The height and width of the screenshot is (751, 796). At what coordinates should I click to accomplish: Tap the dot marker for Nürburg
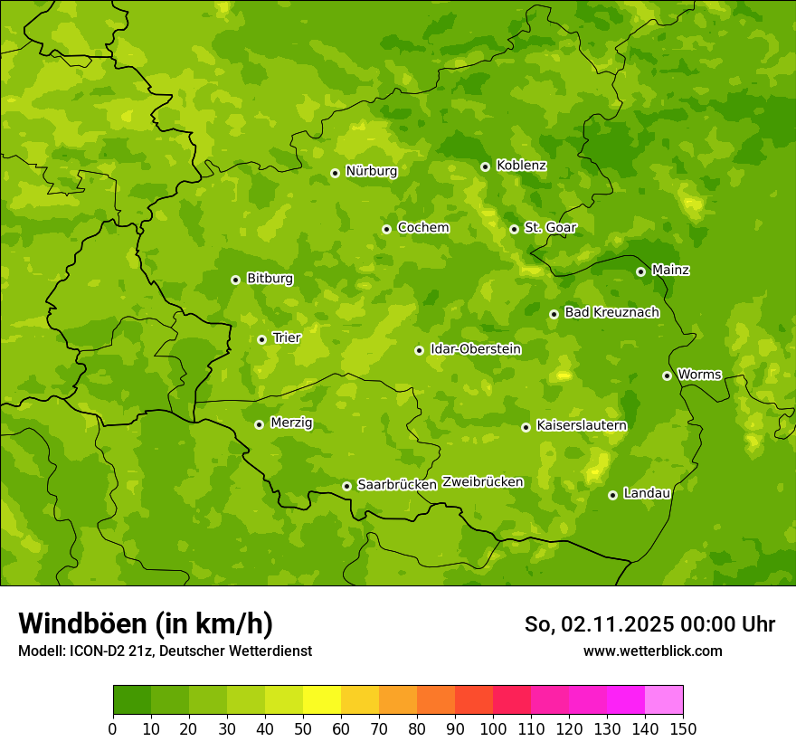click(335, 173)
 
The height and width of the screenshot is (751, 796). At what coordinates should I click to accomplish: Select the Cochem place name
click(422, 228)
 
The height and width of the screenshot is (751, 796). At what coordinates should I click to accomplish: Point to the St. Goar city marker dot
click(514, 229)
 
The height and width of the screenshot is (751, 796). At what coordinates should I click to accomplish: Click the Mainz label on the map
click(670, 271)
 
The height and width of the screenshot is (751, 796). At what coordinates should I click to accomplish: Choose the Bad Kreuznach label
click(611, 312)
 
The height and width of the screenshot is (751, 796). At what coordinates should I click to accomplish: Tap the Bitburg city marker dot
click(235, 280)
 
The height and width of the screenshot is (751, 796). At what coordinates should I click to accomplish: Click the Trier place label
click(287, 337)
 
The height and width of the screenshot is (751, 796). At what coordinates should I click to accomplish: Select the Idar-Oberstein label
click(476, 348)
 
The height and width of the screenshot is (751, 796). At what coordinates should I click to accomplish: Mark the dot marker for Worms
click(667, 375)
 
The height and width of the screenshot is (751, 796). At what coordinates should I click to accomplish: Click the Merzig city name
click(292, 423)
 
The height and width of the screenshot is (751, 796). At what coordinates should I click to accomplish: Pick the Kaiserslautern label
click(582, 425)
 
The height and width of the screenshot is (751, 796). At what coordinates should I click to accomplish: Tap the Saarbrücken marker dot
click(346, 486)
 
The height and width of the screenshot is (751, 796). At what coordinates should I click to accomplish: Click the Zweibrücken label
click(482, 482)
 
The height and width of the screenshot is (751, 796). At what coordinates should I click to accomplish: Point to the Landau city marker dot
click(612, 495)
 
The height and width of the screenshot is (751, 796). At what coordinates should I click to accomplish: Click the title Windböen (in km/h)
click(146, 623)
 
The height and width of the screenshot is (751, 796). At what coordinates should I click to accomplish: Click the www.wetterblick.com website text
click(652, 651)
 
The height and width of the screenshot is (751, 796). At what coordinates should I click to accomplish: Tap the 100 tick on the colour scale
click(493, 728)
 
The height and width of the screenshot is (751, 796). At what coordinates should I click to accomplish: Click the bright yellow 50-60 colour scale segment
click(322, 700)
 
